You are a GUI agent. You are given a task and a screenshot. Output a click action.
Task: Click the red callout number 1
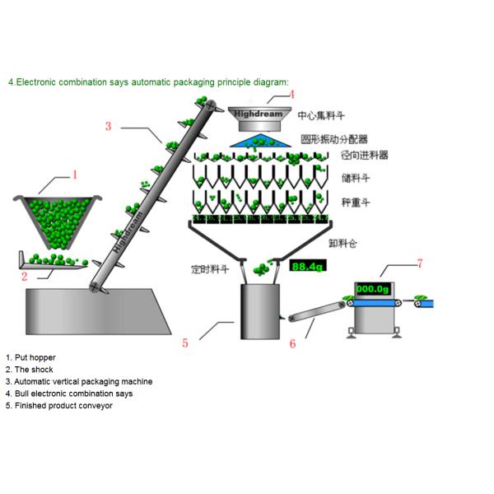[x=75, y=175]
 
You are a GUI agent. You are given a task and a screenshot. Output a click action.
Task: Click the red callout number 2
[x=25, y=277]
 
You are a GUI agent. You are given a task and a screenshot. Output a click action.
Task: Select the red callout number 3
[x=108, y=127]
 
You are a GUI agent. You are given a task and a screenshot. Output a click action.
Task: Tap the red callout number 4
[x=291, y=95]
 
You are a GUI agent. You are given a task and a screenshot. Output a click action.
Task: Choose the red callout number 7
[x=419, y=263]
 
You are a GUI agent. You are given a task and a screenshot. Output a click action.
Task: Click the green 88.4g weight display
[x=308, y=266]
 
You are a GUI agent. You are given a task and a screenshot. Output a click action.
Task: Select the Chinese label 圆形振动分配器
[x=333, y=139]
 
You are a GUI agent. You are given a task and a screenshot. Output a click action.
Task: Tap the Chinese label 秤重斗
[x=356, y=202]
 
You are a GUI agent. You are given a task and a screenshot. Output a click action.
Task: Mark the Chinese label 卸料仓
[x=343, y=244]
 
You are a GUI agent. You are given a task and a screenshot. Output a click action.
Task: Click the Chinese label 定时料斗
[x=207, y=268]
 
